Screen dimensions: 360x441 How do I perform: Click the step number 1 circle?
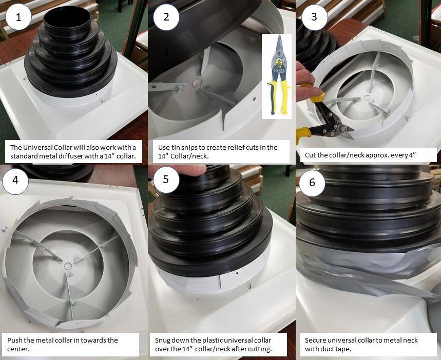pyautogui.click(x=19, y=17)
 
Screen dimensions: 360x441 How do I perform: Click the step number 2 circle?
pyautogui.click(x=166, y=17)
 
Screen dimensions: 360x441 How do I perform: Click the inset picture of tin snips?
pyautogui.click(x=276, y=76)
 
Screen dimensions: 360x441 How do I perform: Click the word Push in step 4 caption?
pyautogui.click(x=15, y=340)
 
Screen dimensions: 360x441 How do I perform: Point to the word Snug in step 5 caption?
pyautogui.click(x=163, y=340)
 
